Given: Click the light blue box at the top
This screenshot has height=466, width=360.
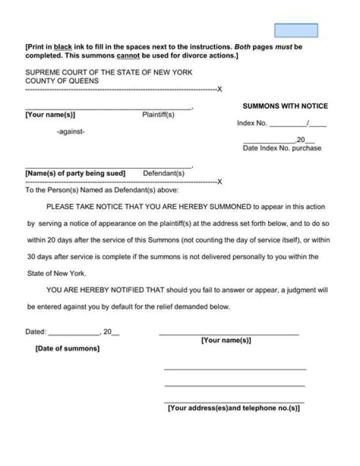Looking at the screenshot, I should click(296, 31).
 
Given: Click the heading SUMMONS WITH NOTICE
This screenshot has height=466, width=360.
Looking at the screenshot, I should click(285, 106).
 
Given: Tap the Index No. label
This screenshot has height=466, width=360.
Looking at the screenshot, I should click(252, 123).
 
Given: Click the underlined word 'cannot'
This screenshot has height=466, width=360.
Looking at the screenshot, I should click(128, 56).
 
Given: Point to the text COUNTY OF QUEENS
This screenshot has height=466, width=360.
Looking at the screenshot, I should click(62, 81).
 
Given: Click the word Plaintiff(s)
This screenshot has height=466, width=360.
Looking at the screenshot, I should click(158, 115).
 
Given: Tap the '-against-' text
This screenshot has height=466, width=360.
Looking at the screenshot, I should click(70, 132).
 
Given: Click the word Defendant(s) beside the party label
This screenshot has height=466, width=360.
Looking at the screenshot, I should click(163, 173).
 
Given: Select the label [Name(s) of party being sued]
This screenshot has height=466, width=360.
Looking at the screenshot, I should click(75, 173).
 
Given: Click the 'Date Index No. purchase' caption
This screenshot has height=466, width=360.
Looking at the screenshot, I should click(282, 148).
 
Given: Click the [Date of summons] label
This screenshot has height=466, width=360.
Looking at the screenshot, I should click(67, 348).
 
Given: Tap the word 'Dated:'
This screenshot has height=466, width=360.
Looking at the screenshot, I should click(35, 331).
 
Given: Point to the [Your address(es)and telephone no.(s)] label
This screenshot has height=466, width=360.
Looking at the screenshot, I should click(233, 408).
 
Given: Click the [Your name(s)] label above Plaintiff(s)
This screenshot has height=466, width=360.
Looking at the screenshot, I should click(50, 115).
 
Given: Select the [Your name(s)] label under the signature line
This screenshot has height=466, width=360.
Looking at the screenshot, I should click(226, 340).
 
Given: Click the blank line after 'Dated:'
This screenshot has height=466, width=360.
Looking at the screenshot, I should click(74, 333).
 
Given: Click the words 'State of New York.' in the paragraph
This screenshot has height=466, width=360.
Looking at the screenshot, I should click(56, 273).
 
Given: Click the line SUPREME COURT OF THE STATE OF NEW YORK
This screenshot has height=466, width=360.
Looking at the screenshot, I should click(109, 72).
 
